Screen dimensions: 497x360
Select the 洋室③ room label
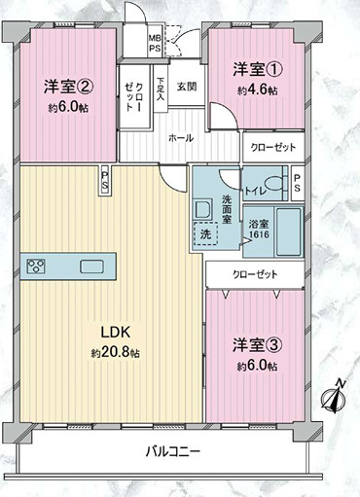click(255, 345)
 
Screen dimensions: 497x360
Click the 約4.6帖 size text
click(255, 89)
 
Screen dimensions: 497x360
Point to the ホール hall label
click(181, 138)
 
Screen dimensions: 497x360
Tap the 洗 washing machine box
click(205, 233)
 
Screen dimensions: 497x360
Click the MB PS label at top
click(155, 44)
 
